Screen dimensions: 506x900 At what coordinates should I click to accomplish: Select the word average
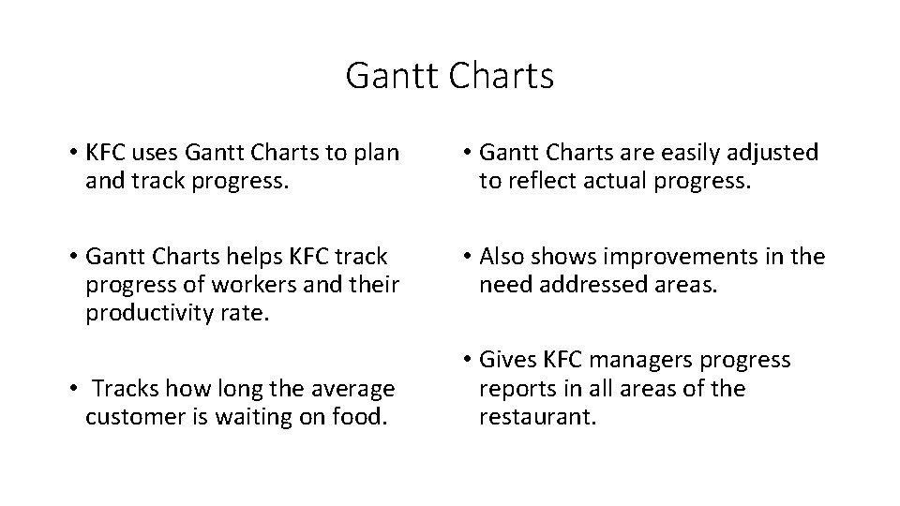tap(350, 388)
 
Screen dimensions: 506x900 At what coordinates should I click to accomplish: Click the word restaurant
tap(536, 416)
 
